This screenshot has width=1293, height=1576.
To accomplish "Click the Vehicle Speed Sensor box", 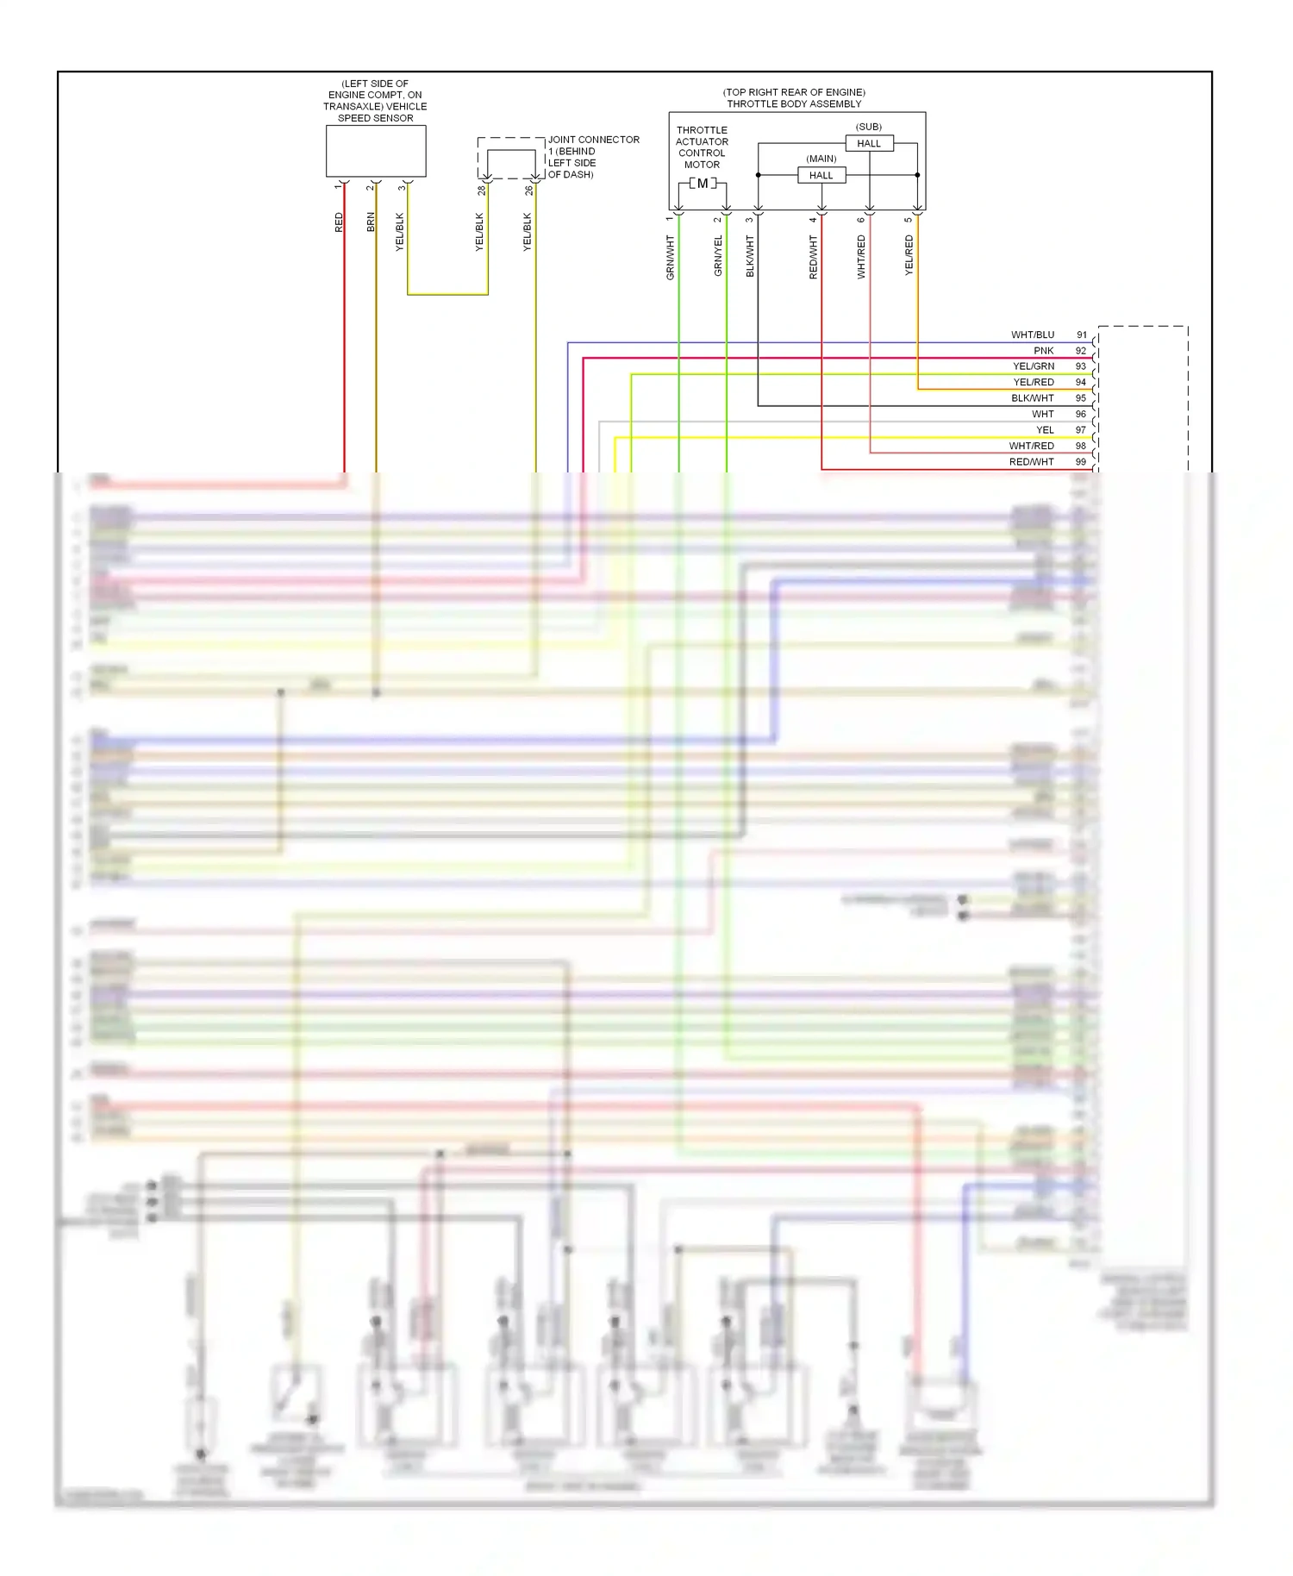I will tap(375, 151).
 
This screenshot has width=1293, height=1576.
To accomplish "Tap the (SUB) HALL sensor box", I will tap(869, 143).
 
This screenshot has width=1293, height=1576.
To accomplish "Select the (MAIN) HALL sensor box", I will tap(821, 175).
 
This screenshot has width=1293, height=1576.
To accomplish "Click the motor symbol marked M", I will tap(703, 184).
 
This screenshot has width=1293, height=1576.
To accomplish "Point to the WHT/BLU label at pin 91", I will tap(1033, 335).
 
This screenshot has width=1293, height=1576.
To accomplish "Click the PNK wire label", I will tap(1044, 351).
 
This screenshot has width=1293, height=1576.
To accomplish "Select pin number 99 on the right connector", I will tap(1081, 462).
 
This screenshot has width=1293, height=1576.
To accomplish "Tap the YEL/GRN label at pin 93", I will tap(1034, 366).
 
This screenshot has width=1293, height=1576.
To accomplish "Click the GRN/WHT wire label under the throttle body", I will tap(670, 257).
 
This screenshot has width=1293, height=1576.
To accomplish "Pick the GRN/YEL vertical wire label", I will tap(718, 255).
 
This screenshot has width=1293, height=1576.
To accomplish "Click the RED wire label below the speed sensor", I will tap(339, 222).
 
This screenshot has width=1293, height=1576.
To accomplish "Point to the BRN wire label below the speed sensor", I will tap(371, 222).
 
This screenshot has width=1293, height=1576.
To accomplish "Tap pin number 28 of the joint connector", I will tap(481, 191).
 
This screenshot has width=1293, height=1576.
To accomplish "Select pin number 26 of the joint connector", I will tap(528, 191).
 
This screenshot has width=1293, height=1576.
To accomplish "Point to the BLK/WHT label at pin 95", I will tap(1033, 398).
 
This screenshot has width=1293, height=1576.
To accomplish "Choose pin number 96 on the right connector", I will tap(1081, 414).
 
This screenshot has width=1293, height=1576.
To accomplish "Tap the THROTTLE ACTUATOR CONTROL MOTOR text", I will tap(702, 147).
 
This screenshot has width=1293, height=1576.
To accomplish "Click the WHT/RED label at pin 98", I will tap(1032, 446).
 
